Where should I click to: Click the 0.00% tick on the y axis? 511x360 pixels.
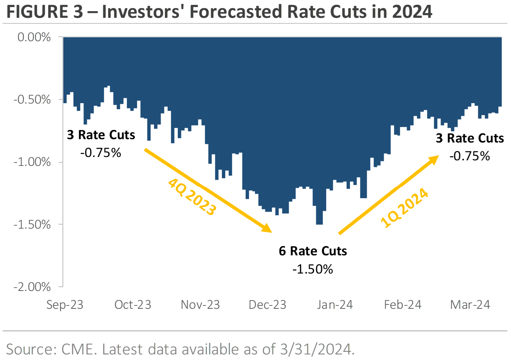pyautogui.click(x=34, y=37)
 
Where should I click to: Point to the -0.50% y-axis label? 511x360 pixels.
pyautogui.click(x=32, y=99)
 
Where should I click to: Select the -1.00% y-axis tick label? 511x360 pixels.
pyautogui.click(x=32, y=162)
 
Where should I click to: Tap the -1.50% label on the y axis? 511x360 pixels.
pyautogui.click(x=32, y=224)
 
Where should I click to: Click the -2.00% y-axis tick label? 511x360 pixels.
pyautogui.click(x=32, y=287)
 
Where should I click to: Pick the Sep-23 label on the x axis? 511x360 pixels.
pyautogui.click(x=65, y=305)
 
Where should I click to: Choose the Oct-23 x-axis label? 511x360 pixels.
pyautogui.click(x=133, y=305)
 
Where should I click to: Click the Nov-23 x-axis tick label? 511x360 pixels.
pyautogui.click(x=200, y=305)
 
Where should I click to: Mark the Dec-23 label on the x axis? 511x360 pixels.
pyautogui.click(x=268, y=305)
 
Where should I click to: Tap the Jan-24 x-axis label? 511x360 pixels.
pyautogui.click(x=335, y=305)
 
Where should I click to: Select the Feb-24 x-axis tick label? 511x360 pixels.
pyautogui.click(x=403, y=305)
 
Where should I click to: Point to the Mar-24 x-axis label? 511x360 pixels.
pyautogui.click(x=470, y=305)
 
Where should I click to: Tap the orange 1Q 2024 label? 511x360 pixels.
pyautogui.click(x=404, y=208)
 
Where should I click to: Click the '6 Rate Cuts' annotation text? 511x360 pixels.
pyautogui.click(x=313, y=251)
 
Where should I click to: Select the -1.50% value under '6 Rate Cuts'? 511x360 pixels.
pyautogui.click(x=313, y=269)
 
